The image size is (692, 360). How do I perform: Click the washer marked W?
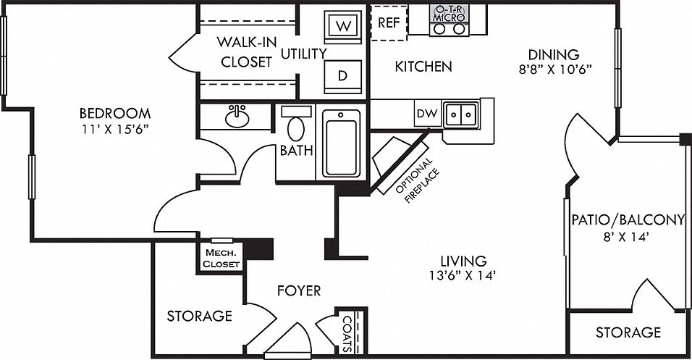coord(343,27)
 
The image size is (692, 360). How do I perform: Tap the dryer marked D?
coord(343,76)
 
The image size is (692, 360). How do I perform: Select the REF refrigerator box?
coord(389,22)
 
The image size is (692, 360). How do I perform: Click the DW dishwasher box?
coord(428,114)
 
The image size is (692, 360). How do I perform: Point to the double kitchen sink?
coord(461,115)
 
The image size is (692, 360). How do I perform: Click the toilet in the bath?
coord(295,124)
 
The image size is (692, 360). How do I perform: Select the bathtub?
coord(341,143)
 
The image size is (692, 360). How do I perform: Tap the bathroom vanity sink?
coord(237,117)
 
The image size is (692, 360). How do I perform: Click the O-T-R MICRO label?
coord(449,14)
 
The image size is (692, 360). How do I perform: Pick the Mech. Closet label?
coord(222,259)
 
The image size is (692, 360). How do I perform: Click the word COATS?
coord(347,333)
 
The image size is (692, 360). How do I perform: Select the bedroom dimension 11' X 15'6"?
coord(115,129)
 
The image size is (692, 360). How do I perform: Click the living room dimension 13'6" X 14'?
coord(463,276)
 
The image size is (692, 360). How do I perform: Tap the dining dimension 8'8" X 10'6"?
coord(554,70)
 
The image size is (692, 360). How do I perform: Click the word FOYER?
coord(299,290)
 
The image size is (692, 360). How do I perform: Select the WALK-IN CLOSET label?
coord(247,52)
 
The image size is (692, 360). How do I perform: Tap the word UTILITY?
coord(304,54)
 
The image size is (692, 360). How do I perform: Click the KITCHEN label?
coord(423,67)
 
